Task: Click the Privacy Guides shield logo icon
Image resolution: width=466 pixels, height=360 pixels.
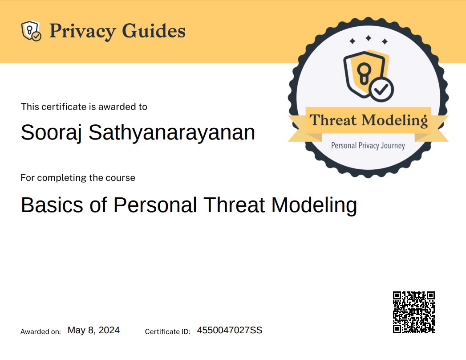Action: click(x=31, y=31)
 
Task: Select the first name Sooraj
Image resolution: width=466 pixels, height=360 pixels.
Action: click(x=52, y=133)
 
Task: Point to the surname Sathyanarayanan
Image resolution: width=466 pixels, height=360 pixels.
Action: click(x=172, y=133)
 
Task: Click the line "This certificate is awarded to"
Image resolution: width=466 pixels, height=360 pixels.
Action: click(x=84, y=107)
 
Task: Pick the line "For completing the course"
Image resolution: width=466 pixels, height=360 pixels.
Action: click(x=78, y=178)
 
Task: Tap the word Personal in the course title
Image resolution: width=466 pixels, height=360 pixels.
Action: click(x=155, y=205)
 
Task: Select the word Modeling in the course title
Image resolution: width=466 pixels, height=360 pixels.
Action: click(x=314, y=205)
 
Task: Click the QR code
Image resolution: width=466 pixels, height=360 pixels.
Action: click(x=413, y=312)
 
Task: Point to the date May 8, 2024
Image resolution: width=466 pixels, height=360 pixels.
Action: click(x=93, y=330)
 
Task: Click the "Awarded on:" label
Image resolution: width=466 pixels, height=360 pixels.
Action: click(x=41, y=331)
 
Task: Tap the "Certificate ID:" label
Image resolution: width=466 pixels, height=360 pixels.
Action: click(x=168, y=331)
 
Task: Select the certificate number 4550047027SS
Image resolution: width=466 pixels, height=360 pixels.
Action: click(x=230, y=330)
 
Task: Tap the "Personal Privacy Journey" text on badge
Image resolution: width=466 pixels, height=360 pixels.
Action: click(x=368, y=145)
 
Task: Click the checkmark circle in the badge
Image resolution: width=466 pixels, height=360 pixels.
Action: click(x=381, y=90)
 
